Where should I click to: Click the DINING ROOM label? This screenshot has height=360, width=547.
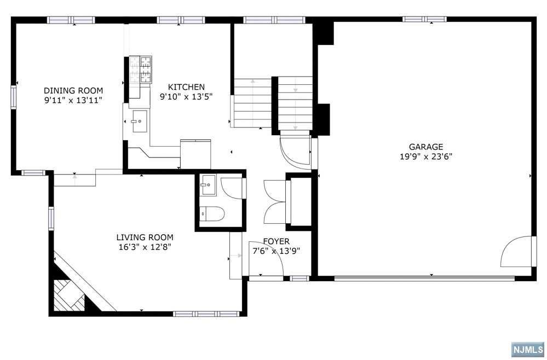tap(73, 91)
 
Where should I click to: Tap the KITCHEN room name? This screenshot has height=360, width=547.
tap(186, 87)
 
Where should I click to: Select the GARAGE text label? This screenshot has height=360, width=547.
tap(426, 147)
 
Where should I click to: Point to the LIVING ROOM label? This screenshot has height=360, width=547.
tap(145, 237)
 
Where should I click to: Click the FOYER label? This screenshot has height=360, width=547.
tap(277, 241)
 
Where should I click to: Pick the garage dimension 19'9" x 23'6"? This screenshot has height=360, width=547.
tap(426, 157)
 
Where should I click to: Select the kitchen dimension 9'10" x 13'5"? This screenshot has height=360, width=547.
tap(186, 96)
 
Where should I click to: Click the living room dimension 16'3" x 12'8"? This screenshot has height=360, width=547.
tap(145, 247)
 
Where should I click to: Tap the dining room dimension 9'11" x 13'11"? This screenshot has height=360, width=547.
tap(73, 100)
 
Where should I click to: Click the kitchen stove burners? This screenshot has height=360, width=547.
tap(141, 69)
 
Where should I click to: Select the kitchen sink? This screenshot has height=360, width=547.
tap(140, 121)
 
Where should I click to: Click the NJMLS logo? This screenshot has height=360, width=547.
tap(528, 349)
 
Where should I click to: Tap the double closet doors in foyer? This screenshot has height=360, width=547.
tap(275, 202)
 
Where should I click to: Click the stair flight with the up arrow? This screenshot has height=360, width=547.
tap(252, 103)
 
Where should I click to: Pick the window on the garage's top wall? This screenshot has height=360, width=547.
tap(424, 19)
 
